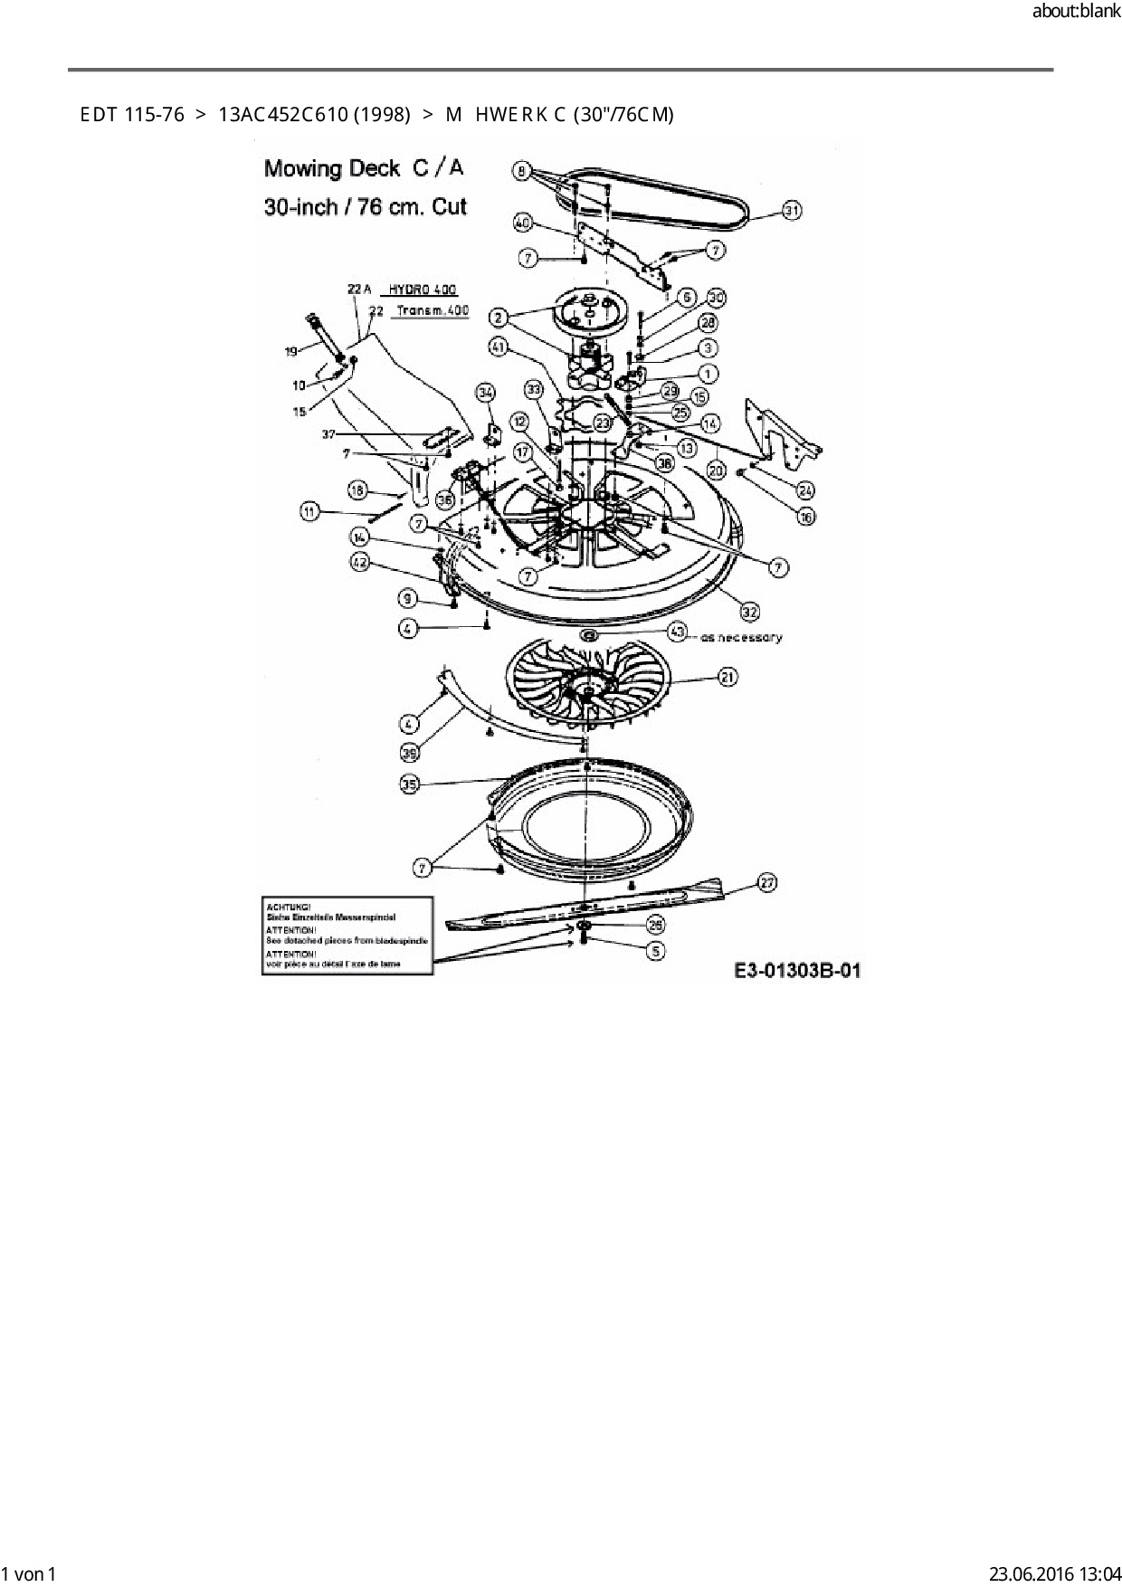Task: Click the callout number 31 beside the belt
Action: click(x=792, y=211)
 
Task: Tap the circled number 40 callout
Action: click(x=522, y=223)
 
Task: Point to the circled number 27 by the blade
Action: click(x=767, y=882)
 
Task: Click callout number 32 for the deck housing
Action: click(x=750, y=612)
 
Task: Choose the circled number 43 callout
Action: click(x=678, y=631)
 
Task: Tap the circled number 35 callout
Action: click(x=410, y=784)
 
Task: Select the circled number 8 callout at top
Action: click(x=522, y=167)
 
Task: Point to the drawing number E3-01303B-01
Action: click(x=796, y=972)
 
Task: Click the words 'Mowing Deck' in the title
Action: click(x=331, y=169)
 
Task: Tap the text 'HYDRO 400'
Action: click(x=423, y=290)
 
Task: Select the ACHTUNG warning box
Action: click(x=347, y=936)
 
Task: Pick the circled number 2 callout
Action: click(x=499, y=317)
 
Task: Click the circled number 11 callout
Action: click(x=310, y=512)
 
